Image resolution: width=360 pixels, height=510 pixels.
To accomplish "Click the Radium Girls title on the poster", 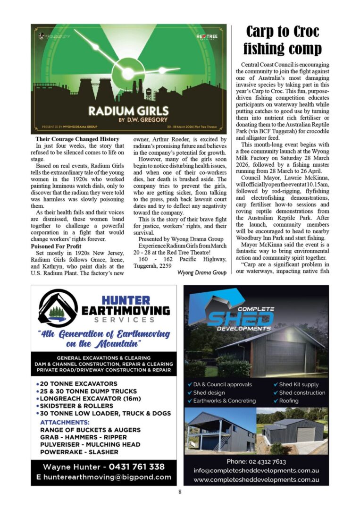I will [129, 110].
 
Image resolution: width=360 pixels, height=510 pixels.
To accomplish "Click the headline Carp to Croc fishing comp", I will [282, 40].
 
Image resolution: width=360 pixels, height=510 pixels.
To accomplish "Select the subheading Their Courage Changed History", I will [77, 139].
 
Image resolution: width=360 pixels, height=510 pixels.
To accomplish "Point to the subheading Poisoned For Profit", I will [56, 246].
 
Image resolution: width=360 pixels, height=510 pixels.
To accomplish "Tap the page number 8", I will [180, 492].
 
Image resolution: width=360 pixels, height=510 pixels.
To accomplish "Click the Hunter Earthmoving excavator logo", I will [58, 307].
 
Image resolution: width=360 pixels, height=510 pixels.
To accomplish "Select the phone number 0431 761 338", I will [137, 467].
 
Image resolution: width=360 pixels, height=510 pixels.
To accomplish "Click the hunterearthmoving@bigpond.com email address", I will [104, 477].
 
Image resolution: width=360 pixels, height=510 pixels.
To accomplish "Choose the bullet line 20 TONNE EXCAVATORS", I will [78, 384].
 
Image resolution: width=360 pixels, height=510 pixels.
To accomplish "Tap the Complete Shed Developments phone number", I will [256, 461].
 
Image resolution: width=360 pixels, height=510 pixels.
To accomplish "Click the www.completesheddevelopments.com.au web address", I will [256, 480].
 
